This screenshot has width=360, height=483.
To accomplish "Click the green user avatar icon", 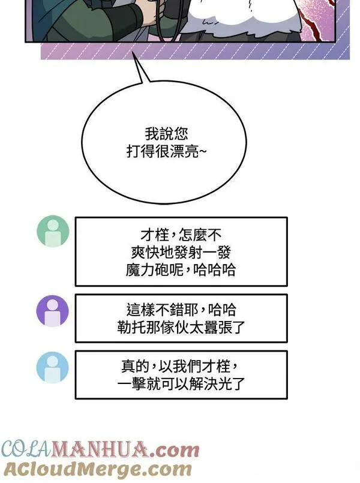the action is point(53,231).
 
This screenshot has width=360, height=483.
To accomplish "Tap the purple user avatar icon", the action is point(53,311).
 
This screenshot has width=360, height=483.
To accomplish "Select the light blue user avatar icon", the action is point(53,367).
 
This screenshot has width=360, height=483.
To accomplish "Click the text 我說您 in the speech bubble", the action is point(166,134).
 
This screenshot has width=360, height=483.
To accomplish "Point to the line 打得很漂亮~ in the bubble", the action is point(167,152).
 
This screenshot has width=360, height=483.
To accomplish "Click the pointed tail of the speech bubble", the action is point(133,52).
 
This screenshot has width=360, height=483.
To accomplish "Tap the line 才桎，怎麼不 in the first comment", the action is point(181,235).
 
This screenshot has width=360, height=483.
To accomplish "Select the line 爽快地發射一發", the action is point(181,253).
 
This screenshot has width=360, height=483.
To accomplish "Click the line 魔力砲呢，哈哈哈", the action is point(181,270).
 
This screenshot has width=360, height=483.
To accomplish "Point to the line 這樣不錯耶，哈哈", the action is point(181,310).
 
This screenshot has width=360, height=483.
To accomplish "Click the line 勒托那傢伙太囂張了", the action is point(181,327).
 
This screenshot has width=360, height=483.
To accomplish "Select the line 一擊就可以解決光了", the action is point(181,384).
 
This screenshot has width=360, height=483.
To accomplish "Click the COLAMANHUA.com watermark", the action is point(100,450).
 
